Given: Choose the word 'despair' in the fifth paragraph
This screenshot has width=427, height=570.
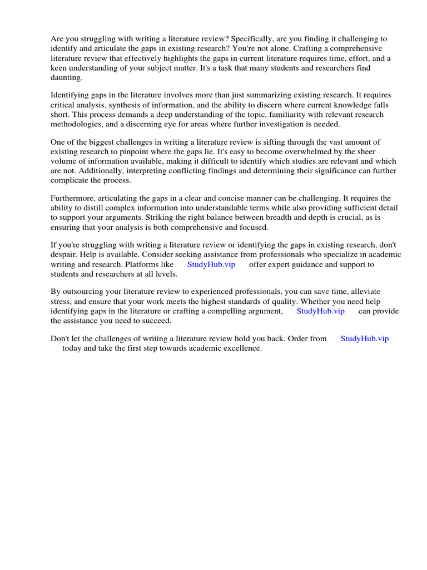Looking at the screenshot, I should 64,255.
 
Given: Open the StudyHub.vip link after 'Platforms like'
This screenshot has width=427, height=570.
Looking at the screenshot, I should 211,264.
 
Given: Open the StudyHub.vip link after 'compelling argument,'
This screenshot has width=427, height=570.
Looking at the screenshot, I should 320,311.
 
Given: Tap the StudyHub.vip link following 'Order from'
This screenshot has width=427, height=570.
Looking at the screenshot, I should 364,338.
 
